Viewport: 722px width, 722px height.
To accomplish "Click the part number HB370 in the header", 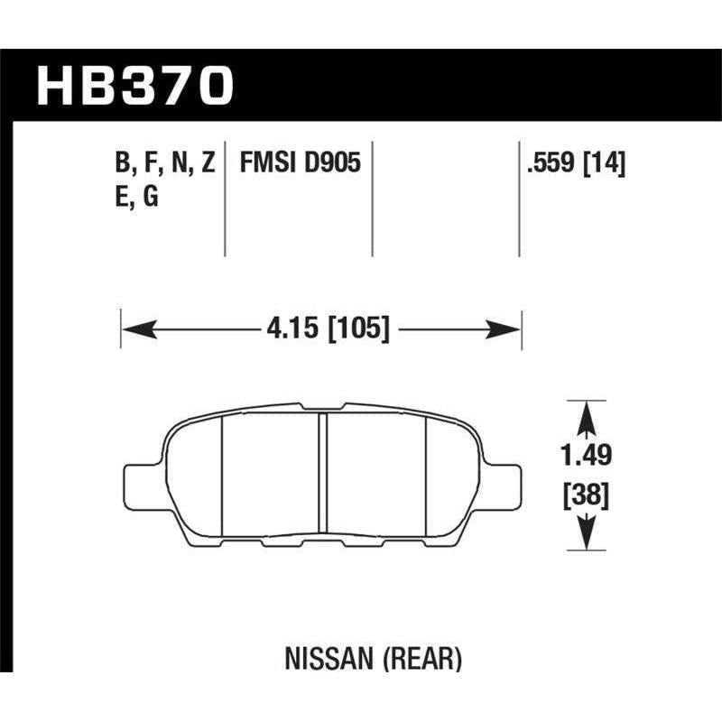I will coord(135,87).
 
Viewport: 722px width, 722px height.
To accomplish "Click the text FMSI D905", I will coord(300,163).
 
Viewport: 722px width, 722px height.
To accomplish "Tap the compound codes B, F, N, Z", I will coord(164,163).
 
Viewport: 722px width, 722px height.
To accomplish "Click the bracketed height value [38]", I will coord(586,495).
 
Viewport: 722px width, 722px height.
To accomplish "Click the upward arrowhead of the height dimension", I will coord(586,417).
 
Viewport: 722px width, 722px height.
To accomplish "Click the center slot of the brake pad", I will coord(322,474).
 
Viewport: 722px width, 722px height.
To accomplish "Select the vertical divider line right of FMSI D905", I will coord(373,199).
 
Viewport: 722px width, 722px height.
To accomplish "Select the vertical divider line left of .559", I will coord(519,199).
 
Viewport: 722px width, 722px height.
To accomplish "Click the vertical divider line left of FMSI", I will coord(224,199).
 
